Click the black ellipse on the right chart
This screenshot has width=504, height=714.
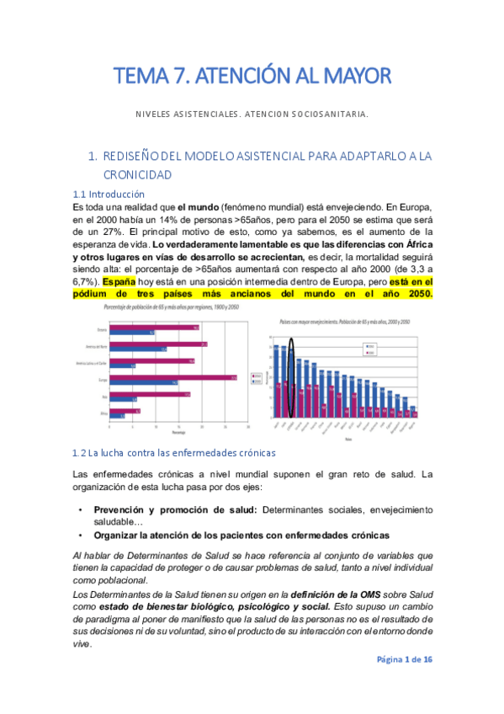[x=291, y=377]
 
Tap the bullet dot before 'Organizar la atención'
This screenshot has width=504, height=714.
[x=80, y=535]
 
